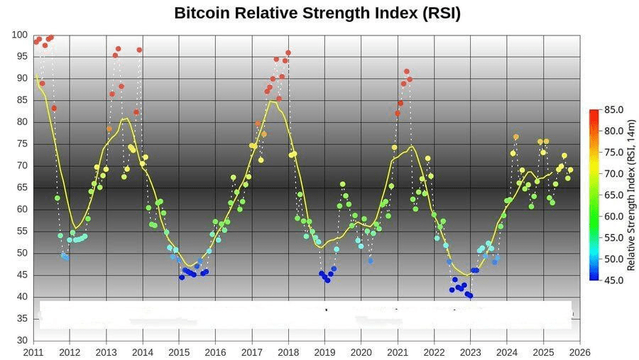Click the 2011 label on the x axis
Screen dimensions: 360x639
point(33,351)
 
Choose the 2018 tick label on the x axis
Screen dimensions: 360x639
point(288,351)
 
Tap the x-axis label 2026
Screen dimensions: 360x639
point(579,351)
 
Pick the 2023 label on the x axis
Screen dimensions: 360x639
point(470,351)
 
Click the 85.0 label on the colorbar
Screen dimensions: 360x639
point(614,110)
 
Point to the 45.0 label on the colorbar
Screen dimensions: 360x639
point(614,280)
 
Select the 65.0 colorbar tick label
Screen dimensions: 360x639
point(614,195)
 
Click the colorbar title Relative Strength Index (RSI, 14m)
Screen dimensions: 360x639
point(630,195)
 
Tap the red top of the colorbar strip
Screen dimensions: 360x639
point(594,112)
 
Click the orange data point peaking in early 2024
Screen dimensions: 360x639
point(516,137)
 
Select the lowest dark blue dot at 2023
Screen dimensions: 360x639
point(470,295)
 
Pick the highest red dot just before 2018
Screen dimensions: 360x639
point(288,53)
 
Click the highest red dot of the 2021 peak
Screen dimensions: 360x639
point(406,72)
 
